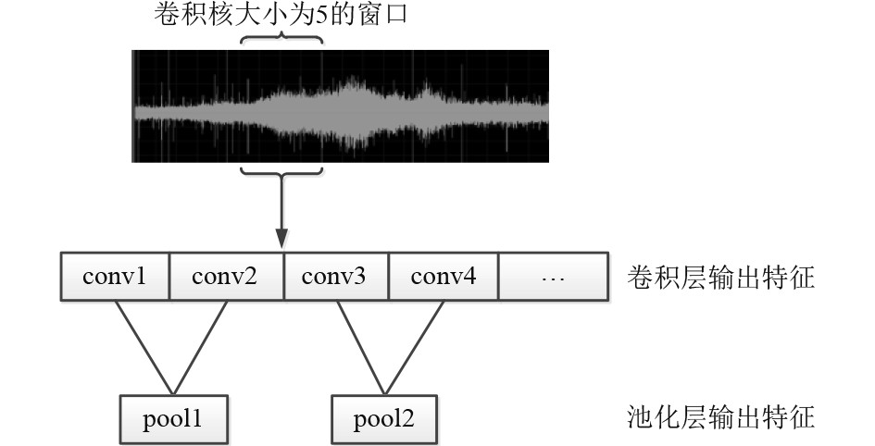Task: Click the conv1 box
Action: pyautogui.click(x=115, y=276)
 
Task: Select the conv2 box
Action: pyautogui.click(x=226, y=276)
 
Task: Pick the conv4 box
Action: pyautogui.click(x=444, y=276)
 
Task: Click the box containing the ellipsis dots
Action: pyautogui.click(x=554, y=276)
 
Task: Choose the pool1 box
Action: pyautogui.click(x=172, y=419)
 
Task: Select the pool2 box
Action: pyautogui.click(x=383, y=419)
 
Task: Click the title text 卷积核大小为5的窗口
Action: pyautogui.click(x=279, y=16)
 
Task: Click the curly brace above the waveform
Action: pyautogui.click(x=281, y=40)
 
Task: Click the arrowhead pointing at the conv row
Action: pyautogui.click(x=281, y=242)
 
